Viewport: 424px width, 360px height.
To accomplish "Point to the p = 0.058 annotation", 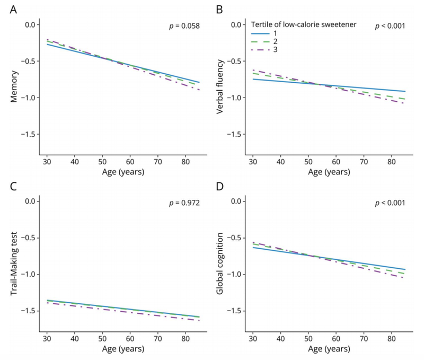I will [x=184, y=25].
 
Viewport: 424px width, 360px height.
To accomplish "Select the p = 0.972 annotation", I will [x=184, y=203].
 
